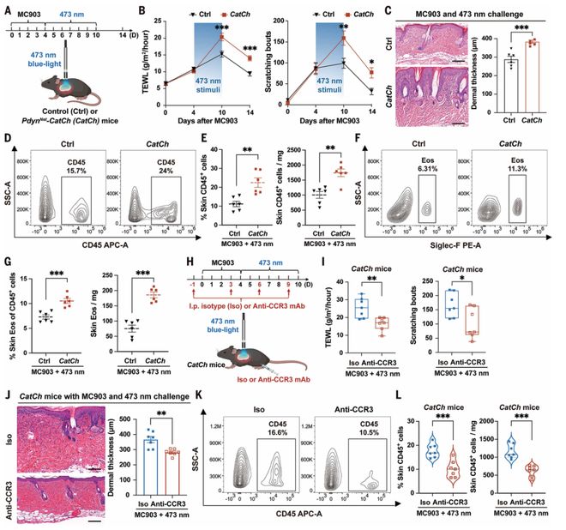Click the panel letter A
pos(7,8)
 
